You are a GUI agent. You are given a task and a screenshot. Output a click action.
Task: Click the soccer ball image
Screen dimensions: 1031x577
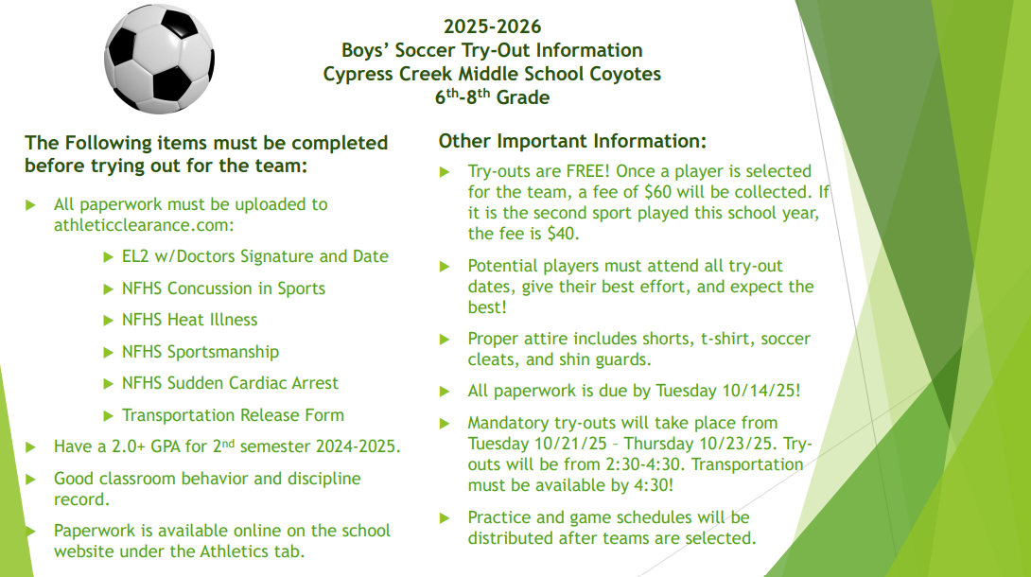pyautogui.click(x=159, y=59)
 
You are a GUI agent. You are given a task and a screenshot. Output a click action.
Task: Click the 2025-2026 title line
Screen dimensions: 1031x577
pyautogui.click(x=492, y=26)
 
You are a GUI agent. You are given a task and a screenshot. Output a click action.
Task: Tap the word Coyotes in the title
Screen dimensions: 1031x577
pyautogui.click(x=624, y=74)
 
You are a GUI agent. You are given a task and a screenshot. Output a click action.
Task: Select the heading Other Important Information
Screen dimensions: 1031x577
pyautogui.click(x=572, y=141)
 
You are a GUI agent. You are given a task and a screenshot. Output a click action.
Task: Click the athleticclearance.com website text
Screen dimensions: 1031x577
pyautogui.click(x=144, y=225)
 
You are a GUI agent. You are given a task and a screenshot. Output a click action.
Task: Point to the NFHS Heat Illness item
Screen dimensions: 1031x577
pyautogui.click(x=189, y=320)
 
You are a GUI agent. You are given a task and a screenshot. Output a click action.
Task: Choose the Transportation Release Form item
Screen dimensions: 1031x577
pyautogui.click(x=233, y=415)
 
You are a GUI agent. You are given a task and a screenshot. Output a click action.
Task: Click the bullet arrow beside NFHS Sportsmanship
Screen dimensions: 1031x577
pyautogui.click(x=109, y=353)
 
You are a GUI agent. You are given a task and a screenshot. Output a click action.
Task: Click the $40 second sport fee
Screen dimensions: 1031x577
pyautogui.click(x=563, y=234)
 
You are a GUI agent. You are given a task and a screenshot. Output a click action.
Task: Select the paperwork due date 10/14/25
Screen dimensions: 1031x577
pyautogui.click(x=761, y=391)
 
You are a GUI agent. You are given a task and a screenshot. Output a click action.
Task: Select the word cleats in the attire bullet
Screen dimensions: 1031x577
pyautogui.click(x=494, y=360)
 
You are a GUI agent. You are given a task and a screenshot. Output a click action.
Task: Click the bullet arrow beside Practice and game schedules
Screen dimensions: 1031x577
pyautogui.click(x=445, y=518)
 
